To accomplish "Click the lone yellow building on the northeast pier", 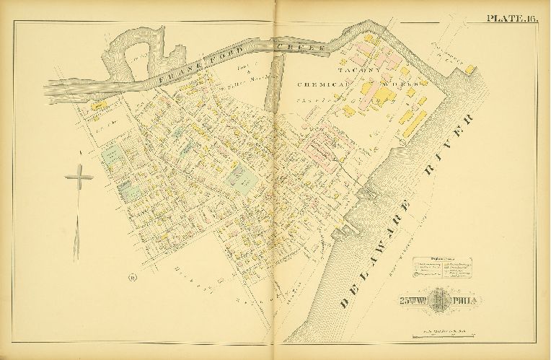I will coord(470,69).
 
